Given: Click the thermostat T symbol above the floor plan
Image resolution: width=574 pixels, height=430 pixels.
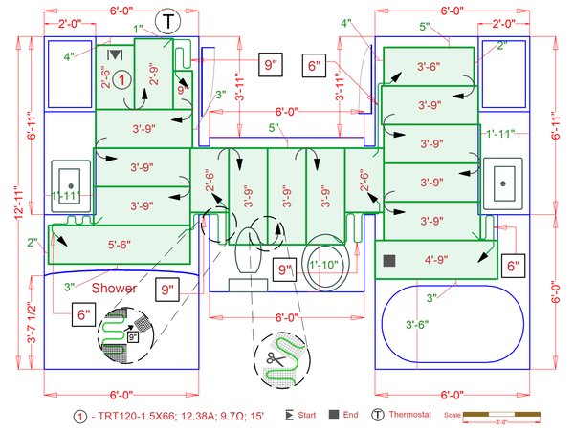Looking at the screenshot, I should coord(168,21).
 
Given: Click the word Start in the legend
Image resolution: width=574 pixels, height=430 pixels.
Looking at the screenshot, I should coord(306,416).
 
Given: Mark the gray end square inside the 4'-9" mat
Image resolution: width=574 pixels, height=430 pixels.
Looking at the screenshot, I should coord(389,260).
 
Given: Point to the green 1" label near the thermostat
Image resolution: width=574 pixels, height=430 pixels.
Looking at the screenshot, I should coord(138,30).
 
